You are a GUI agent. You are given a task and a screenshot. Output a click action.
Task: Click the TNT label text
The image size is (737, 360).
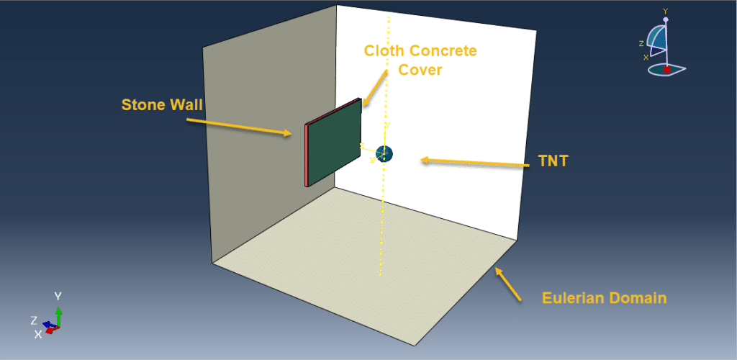pyautogui.click(x=553, y=161)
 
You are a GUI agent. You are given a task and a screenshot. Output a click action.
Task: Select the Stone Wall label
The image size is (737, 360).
pyautogui.click(x=162, y=105)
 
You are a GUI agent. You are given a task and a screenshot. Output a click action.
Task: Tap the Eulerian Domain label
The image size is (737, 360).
pyautogui.click(x=604, y=297)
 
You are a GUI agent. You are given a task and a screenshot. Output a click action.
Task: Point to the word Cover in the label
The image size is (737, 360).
pyautogui.click(x=420, y=70)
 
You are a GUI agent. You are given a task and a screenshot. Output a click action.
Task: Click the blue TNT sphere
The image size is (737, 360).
pyautogui.click(x=385, y=153)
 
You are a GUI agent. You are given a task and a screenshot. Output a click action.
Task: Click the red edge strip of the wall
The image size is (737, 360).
pyautogui.click(x=307, y=156)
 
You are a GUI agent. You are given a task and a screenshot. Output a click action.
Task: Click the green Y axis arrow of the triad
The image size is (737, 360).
pyautogui.click(x=58, y=315)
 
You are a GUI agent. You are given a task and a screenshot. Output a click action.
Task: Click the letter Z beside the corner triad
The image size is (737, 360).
pyautogui.click(x=33, y=320)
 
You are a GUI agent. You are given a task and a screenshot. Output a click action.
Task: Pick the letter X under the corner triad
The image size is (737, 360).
pyautogui.click(x=37, y=334)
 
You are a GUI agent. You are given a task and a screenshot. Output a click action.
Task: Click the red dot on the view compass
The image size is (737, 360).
pyautogui.click(x=667, y=70)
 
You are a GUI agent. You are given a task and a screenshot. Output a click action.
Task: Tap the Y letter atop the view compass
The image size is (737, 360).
pyautogui.click(x=665, y=12)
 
